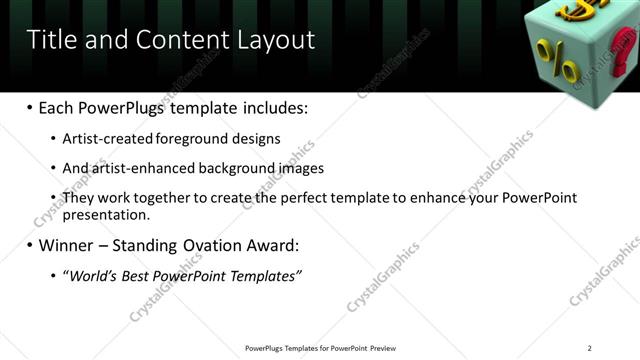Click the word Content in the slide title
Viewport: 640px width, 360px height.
[175, 40]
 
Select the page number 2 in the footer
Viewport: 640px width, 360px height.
[590, 347]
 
